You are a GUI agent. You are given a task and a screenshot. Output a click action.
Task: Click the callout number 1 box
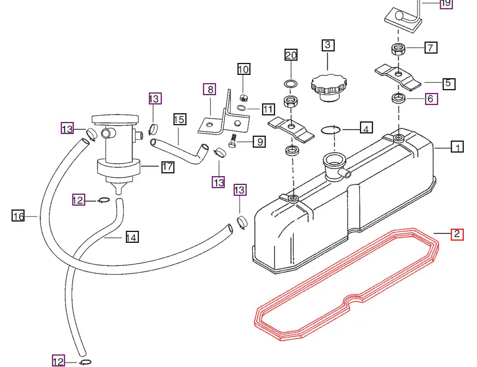pyautogui.click(x=457, y=147)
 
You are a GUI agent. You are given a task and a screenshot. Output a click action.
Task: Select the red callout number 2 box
pyautogui.click(x=457, y=235)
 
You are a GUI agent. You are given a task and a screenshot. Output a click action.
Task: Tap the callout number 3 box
pyautogui.click(x=328, y=45)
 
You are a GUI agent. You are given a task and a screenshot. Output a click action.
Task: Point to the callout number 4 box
pyautogui.click(x=366, y=129)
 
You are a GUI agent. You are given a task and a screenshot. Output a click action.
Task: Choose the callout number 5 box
pyautogui.click(x=447, y=84)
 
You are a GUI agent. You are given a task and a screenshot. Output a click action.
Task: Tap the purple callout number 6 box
pyautogui.click(x=430, y=99)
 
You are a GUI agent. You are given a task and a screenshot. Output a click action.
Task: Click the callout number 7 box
pyautogui.click(x=430, y=48)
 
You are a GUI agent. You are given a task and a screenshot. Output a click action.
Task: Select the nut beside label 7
pyautogui.click(x=399, y=50)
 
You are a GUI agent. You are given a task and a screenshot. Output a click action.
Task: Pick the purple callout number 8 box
pyautogui.click(x=209, y=89)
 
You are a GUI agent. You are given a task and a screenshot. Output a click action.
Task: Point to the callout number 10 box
pyautogui.click(x=243, y=69)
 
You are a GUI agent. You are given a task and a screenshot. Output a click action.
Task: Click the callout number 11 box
pyautogui.click(x=267, y=109)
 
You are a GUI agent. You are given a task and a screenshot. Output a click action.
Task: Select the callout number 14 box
pyautogui.click(x=131, y=237)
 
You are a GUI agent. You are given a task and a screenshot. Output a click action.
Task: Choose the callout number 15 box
pyautogui.click(x=179, y=119)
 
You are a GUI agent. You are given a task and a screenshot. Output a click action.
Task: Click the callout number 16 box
pyautogui.click(x=19, y=217)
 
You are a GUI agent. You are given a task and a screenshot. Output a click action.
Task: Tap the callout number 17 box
pyautogui.click(x=167, y=167)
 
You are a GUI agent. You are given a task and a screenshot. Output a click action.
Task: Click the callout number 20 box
pyautogui.click(x=291, y=55)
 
